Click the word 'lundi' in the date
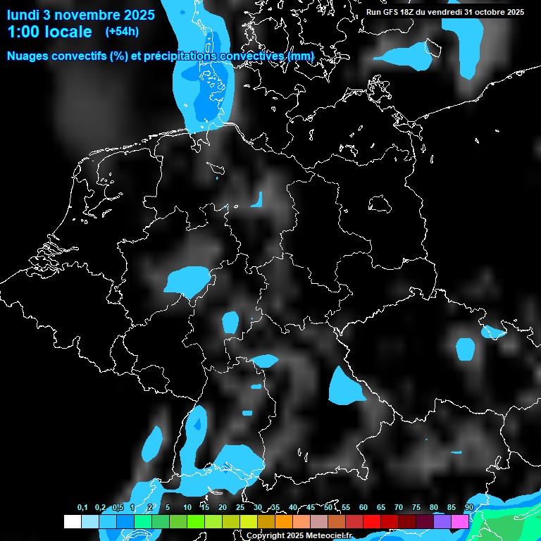tap(23, 13)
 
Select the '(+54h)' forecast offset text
tap(122, 32)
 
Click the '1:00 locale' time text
tap(50, 32)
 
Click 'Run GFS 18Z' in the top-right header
tap(392, 12)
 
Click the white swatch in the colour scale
tap(72, 522)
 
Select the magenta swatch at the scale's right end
tap(460, 522)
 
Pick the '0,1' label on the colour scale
tap(82, 507)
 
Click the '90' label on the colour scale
tap(468, 507)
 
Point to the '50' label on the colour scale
tap(328, 507)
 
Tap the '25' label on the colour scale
tap(240, 507)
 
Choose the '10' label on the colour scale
tap(187, 507)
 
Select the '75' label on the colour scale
tap(416, 507)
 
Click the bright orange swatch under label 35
tap(284, 522)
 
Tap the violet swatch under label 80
tap(442, 522)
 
